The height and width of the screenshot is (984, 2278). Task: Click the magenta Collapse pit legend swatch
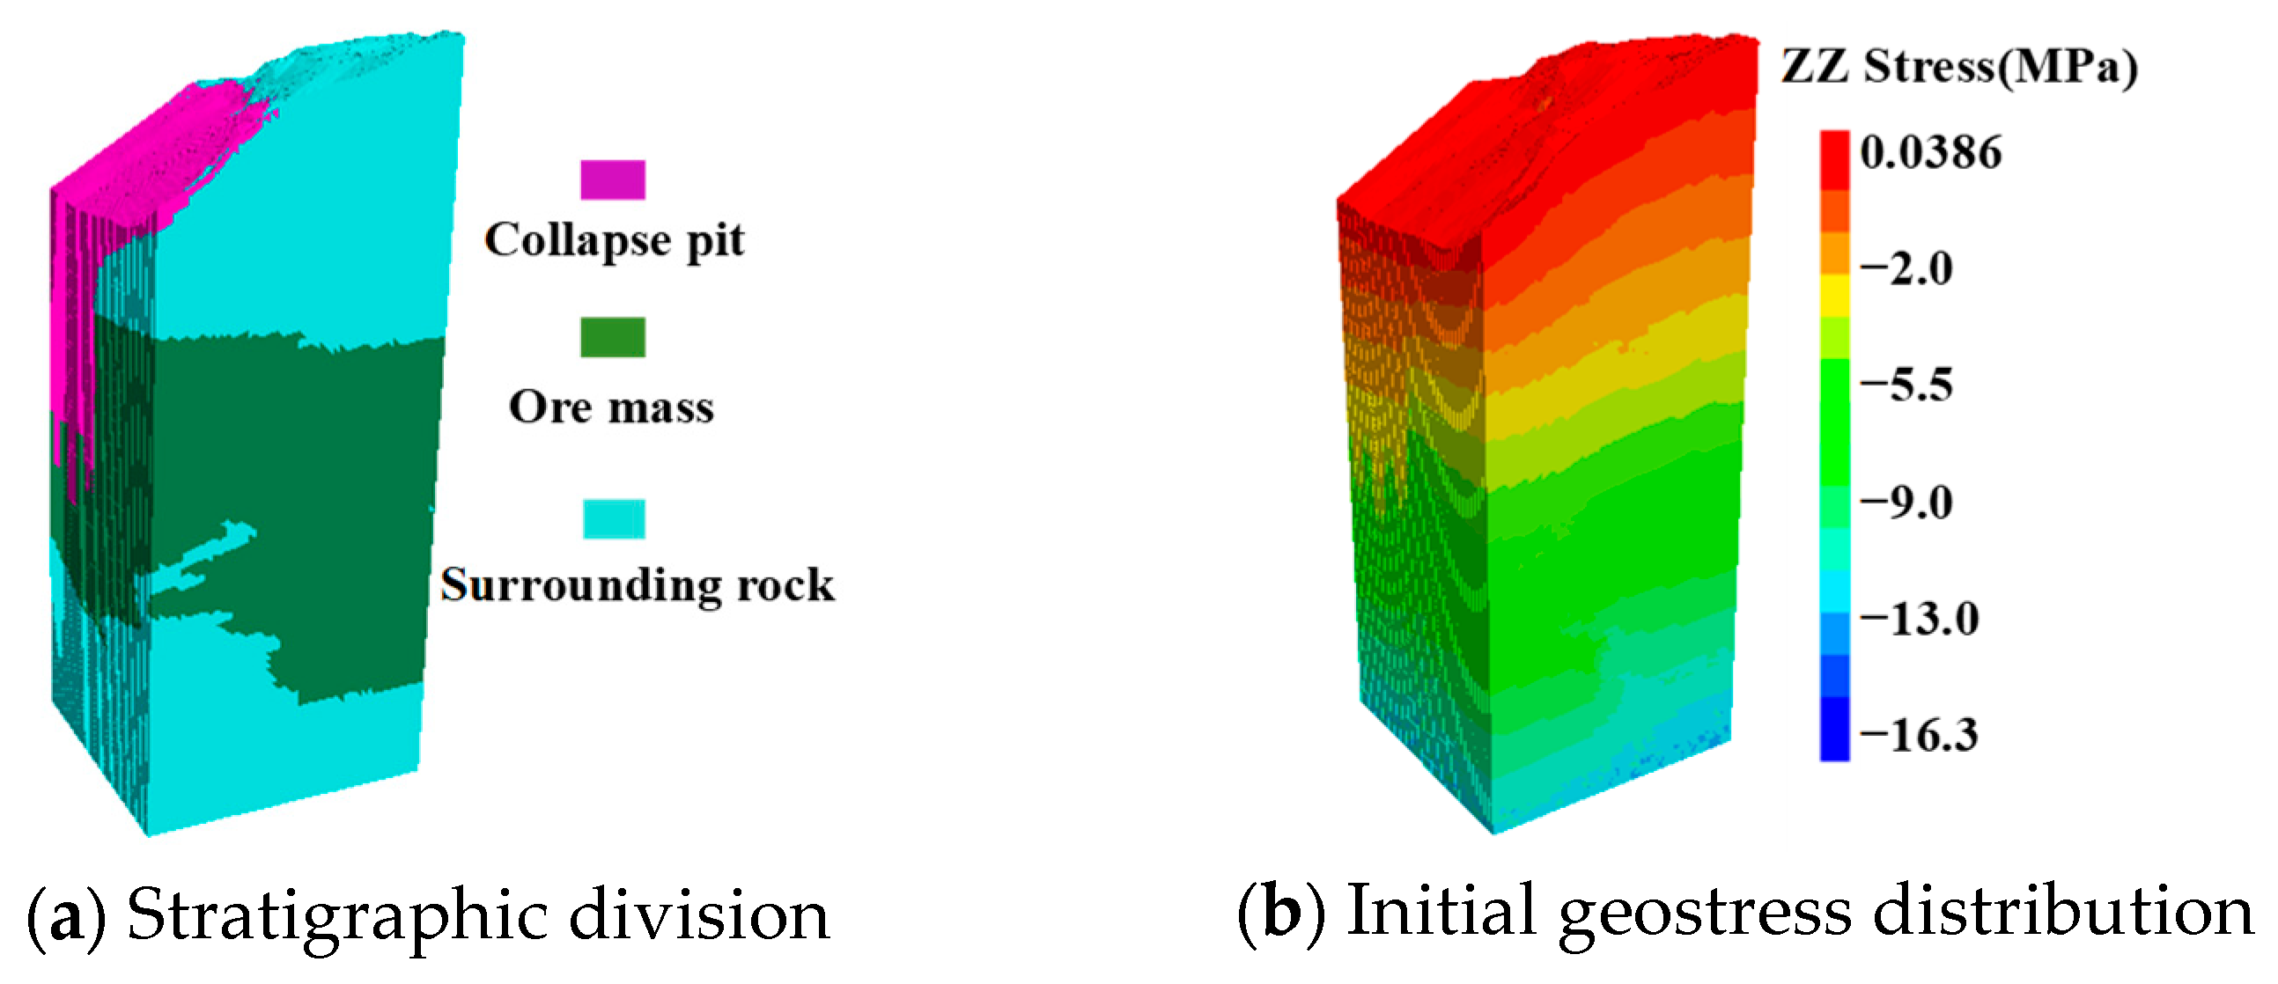coord(613,180)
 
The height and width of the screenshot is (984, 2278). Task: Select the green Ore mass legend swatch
coord(613,337)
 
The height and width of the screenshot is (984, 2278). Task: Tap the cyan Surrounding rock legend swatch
coord(614,519)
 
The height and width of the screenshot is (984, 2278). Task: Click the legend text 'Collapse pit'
coord(615,240)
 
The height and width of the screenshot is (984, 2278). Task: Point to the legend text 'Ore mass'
coord(611,408)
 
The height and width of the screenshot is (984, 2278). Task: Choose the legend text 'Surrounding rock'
coord(638,585)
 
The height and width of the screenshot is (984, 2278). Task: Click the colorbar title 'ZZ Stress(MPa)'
coord(1958,67)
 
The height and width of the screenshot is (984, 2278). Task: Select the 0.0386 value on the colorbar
coord(1930,152)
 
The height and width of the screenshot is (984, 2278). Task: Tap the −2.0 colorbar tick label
coord(1906,268)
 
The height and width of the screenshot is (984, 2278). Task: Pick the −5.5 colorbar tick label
coord(1906,386)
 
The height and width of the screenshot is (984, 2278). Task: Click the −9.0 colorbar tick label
coord(1906,503)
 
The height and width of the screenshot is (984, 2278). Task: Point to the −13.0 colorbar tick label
coord(1919,619)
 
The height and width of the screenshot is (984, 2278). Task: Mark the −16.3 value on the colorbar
coord(1919,736)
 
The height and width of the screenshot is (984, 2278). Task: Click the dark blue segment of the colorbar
coord(1834,729)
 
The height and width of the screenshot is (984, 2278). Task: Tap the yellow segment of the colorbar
coord(1834,297)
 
